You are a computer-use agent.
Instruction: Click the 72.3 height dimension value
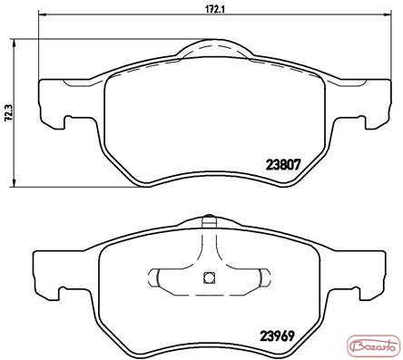tap(8, 112)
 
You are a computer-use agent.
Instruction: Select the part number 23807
tap(283, 165)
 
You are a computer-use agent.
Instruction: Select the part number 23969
tap(277, 336)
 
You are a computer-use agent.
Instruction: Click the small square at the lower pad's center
tap(209, 277)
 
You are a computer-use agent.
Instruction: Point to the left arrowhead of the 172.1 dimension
tap(42, 14)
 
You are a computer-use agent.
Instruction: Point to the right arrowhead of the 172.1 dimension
tap(388, 14)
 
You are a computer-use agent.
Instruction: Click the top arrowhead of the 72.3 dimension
tap(13, 42)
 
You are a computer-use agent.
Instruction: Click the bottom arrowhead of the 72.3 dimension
tap(13, 183)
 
